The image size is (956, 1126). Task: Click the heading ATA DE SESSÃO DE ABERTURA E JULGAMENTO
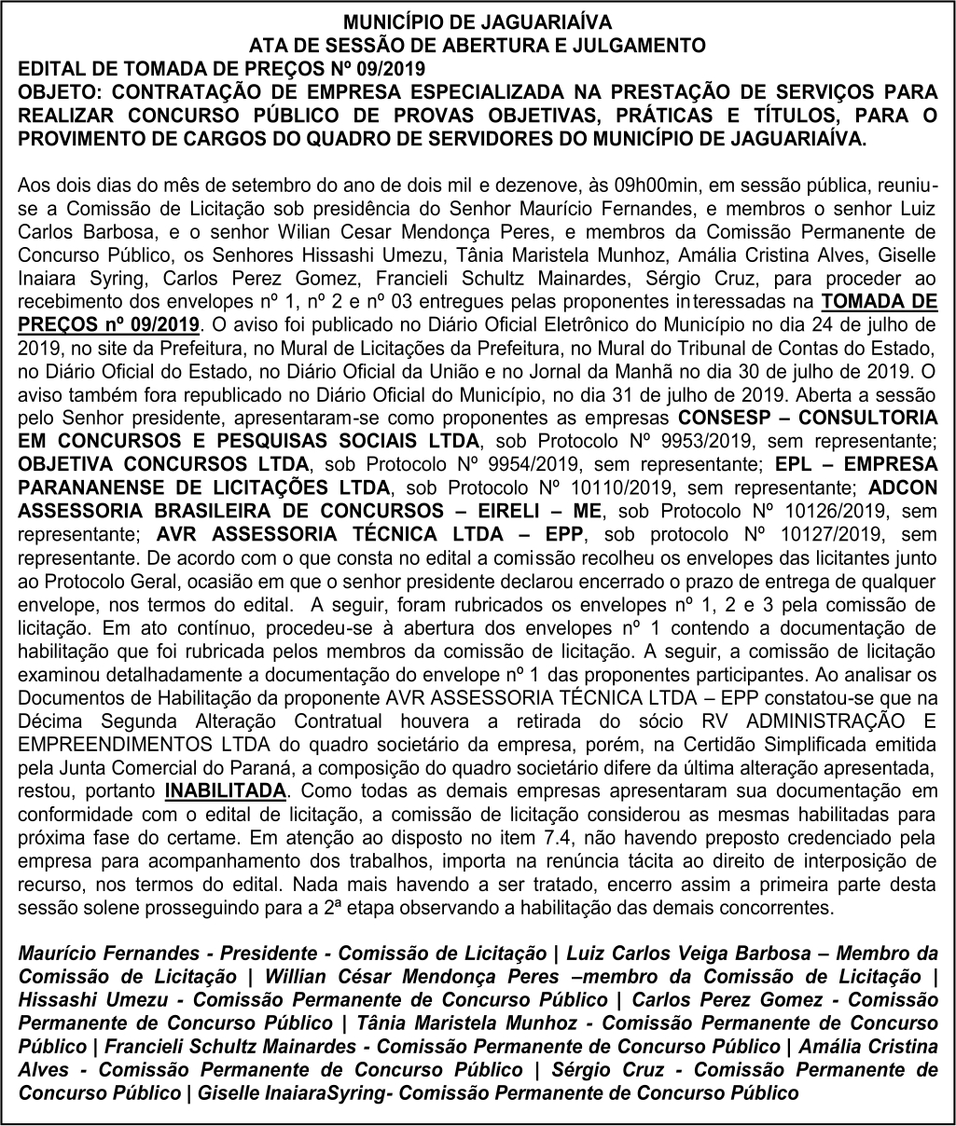pyautogui.click(x=478, y=43)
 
